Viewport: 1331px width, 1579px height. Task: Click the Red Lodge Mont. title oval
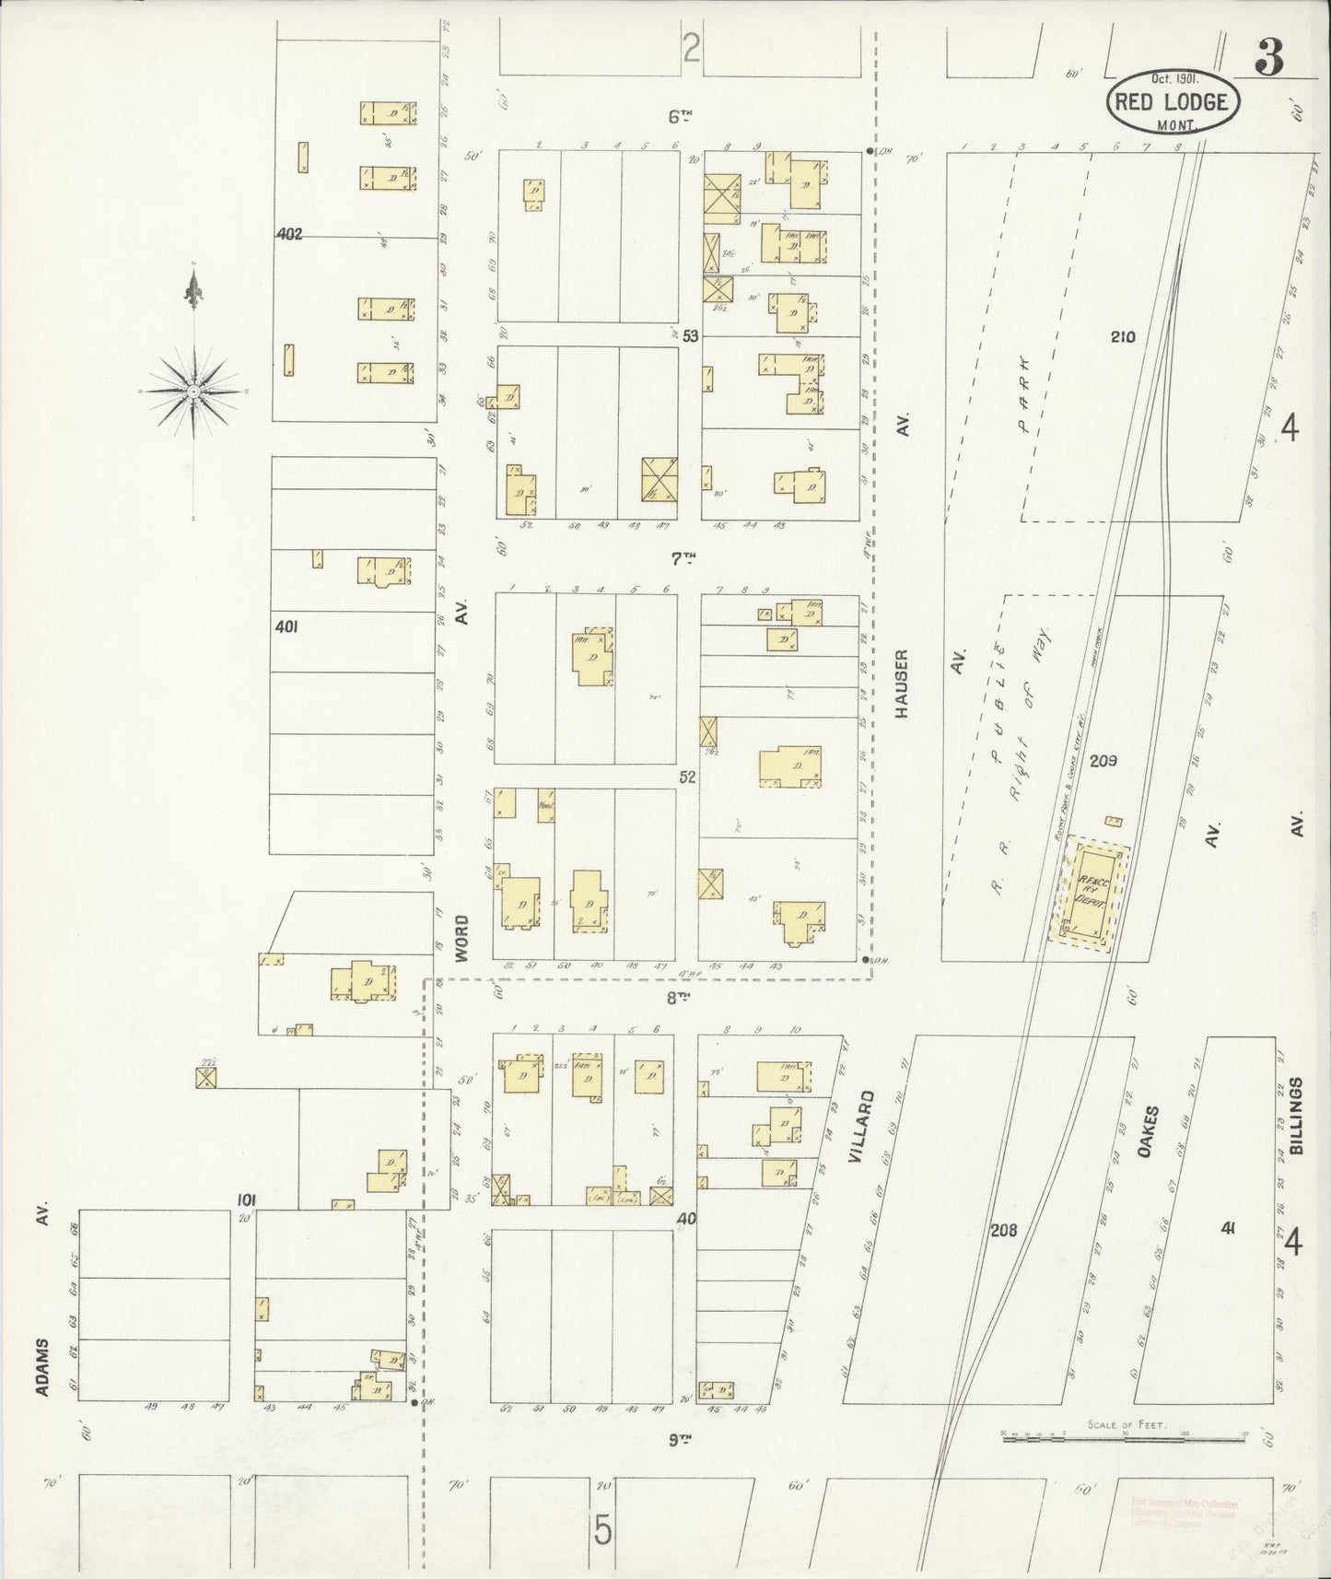[x=1173, y=101]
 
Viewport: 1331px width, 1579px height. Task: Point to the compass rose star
[x=193, y=392]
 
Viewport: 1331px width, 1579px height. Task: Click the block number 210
[x=1123, y=337]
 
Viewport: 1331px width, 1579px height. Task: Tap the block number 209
[x=1103, y=761]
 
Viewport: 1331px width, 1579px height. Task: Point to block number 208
[x=1003, y=1229]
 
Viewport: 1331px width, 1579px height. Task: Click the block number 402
[x=289, y=235]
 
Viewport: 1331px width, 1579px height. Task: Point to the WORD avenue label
[x=462, y=939]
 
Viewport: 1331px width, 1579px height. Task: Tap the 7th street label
[x=682, y=558]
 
